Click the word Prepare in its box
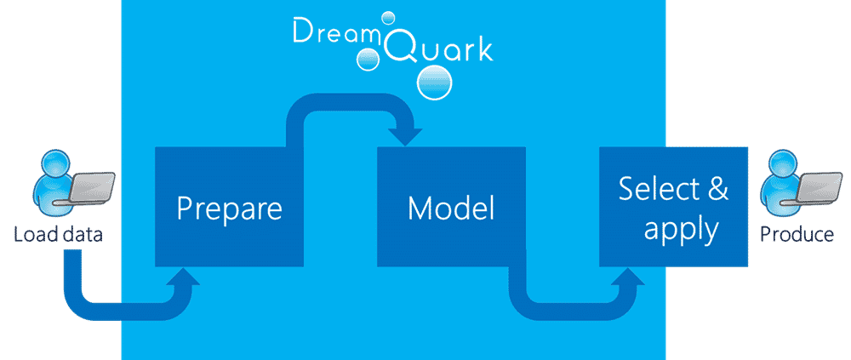(x=230, y=209)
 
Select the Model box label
(x=451, y=208)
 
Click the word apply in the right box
(x=682, y=230)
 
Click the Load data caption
(x=58, y=235)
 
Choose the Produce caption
(x=797, y=235)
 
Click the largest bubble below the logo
(x=434, y=82)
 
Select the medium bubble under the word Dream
(x=368, y=58)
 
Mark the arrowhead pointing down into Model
(x=405, y=137)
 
